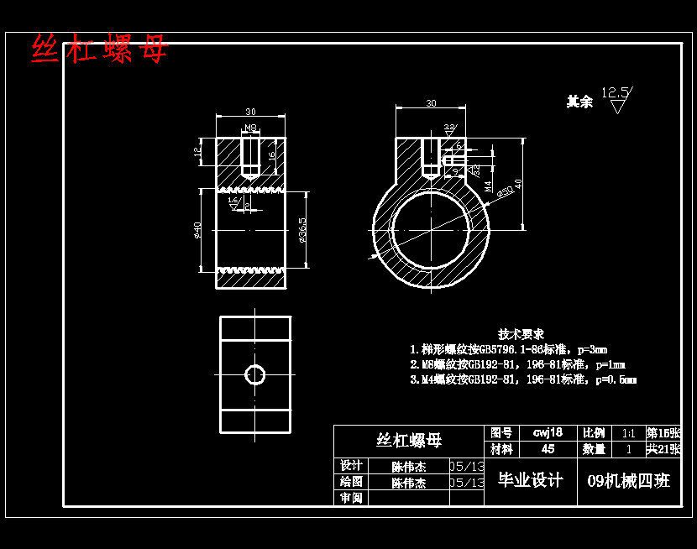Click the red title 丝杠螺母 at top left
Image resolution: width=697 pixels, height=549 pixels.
[99, 50]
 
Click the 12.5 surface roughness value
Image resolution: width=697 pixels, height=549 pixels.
[616, 91]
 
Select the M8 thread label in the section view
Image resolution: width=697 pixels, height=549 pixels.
[250, 128]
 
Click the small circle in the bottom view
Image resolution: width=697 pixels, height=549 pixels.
[254, 374]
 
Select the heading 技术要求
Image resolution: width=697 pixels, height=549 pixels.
[521, 333]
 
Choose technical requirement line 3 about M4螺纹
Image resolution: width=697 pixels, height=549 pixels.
[522, 379]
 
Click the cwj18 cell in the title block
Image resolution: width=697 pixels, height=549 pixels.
[548, 432]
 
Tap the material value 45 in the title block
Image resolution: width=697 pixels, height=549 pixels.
[548, 449]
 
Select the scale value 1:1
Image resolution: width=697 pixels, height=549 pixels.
[627, 433]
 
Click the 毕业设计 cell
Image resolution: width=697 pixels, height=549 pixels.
[531, 480]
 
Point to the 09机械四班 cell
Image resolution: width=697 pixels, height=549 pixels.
[629, 481]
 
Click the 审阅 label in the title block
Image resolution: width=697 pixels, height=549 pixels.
[351, 498]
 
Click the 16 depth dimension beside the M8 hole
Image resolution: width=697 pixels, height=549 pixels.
[271, 155]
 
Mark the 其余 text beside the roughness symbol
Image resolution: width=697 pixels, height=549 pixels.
[579, 102]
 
